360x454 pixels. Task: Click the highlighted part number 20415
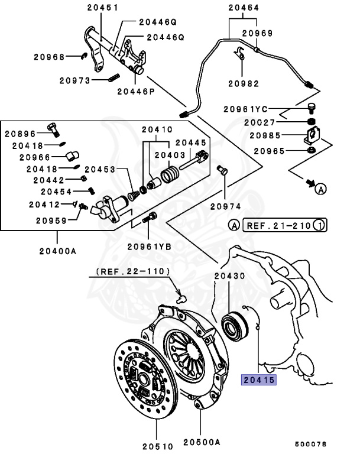[x=258, y=381]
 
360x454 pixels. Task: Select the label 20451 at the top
[x=102, y=8]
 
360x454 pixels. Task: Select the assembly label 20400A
[x=58, y=251]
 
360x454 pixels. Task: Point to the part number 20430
[x=231, y=276]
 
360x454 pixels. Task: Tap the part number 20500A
[x=201, y=442]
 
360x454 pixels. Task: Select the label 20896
[x=20, y=134]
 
